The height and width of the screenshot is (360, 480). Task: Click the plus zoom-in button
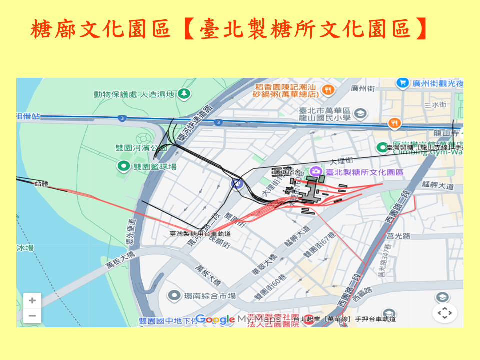[x=32, y=301]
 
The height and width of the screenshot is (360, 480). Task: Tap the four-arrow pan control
[x=444, y=313]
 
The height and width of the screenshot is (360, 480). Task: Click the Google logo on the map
[x=215, y=319]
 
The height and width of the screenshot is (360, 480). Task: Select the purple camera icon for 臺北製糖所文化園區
[x=315, y=172]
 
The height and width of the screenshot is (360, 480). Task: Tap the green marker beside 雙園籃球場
[x=123, y=166]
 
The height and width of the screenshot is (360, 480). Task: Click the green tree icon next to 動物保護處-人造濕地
[x=185, y=93]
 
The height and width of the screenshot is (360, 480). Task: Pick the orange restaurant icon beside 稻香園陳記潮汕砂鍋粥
[x=328, y=90]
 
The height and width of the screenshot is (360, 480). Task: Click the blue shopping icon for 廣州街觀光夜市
[x=401, y=83]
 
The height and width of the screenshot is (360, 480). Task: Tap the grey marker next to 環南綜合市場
[x=174, y=296]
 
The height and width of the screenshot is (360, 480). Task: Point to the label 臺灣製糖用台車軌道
[x=200, y=234]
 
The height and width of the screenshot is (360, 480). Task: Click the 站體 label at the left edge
[x=41, y=183]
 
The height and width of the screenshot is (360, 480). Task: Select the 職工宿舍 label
[x=287, y=172]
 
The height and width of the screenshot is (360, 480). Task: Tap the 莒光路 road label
[x=399, y=235]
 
